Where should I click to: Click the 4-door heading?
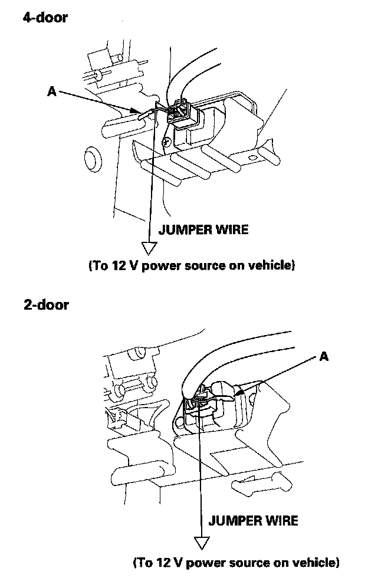tap(45, 18)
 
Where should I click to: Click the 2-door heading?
tap(45, 305)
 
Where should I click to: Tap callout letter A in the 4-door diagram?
tap(52, 91)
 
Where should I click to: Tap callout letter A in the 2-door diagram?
tap(323, 356)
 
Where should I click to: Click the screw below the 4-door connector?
tap(169, 142)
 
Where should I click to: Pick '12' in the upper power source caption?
tap(116, 265)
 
